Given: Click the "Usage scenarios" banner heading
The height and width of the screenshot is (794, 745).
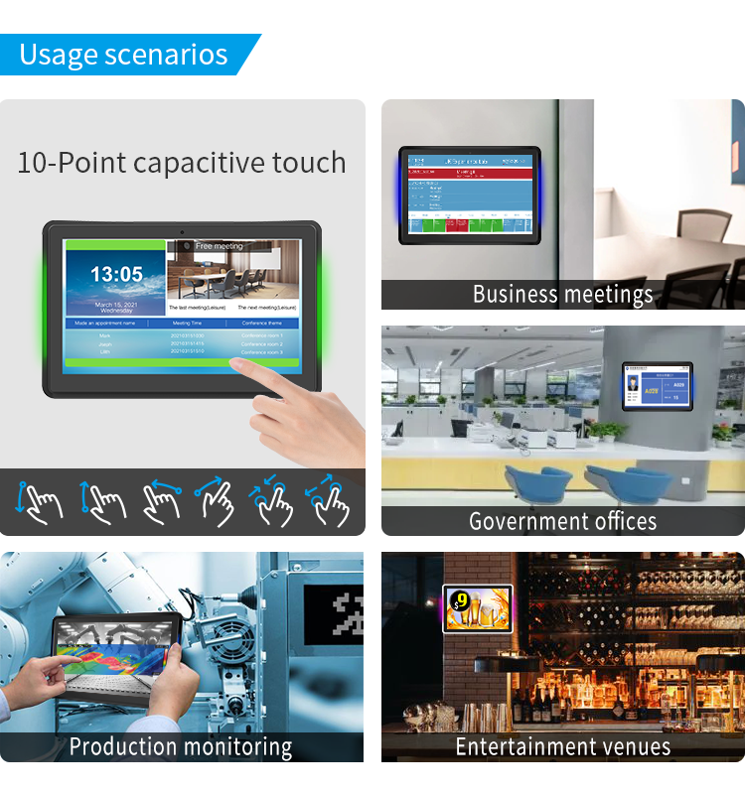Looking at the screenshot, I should [x=123, y=55].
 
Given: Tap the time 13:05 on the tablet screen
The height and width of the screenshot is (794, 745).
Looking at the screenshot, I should [x=116, y=274].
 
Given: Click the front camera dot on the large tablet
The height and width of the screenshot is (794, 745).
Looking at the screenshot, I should [x=182, y=231].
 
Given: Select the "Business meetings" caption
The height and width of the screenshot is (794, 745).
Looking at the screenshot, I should [x=562, y=294].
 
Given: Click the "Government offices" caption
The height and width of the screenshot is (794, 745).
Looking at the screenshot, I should [x=562, y=521].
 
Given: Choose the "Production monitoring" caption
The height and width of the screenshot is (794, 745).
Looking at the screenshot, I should [x=181, y=746].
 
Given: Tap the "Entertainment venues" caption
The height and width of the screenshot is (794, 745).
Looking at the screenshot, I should [x=562, y=746].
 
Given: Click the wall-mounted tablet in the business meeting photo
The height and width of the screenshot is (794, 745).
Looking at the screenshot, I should [x=470, y=196].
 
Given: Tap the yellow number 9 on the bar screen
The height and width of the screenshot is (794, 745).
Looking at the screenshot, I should [x=463, y=599].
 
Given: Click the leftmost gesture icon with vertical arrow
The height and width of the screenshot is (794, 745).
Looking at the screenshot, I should [x=38, y=500].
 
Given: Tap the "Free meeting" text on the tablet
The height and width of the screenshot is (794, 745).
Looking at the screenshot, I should [x=219, y=246].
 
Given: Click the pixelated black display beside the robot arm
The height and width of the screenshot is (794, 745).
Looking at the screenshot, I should [x=333, y=616].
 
